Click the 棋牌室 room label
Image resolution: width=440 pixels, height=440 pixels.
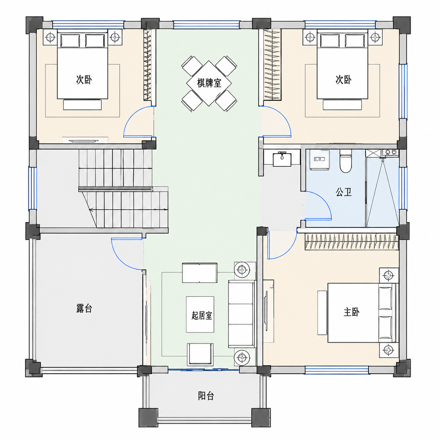pos(209,83)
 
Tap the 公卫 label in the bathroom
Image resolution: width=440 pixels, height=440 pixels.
pos(344,192)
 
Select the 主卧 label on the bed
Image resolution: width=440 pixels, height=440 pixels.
pos(352,312)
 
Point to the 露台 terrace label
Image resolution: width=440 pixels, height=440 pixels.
pos(84,308)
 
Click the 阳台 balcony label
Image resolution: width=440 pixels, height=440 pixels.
pos(206,396)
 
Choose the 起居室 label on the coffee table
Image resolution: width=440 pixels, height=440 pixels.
pos(202,316)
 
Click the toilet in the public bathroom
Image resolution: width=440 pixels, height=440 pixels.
pos(346,161)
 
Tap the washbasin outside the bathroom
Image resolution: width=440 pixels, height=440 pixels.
pos(282,159)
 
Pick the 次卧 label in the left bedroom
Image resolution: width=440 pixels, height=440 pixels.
pos(84,80)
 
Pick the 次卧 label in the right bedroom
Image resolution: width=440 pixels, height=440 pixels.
pos(343,80)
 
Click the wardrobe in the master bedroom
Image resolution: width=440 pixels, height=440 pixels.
pos(352,241)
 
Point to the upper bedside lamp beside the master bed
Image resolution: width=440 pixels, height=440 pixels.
pos(389,275)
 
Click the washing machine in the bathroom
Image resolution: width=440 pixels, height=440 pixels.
pos(320,160)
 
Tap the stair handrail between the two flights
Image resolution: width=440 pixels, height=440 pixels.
pos(115,189)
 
